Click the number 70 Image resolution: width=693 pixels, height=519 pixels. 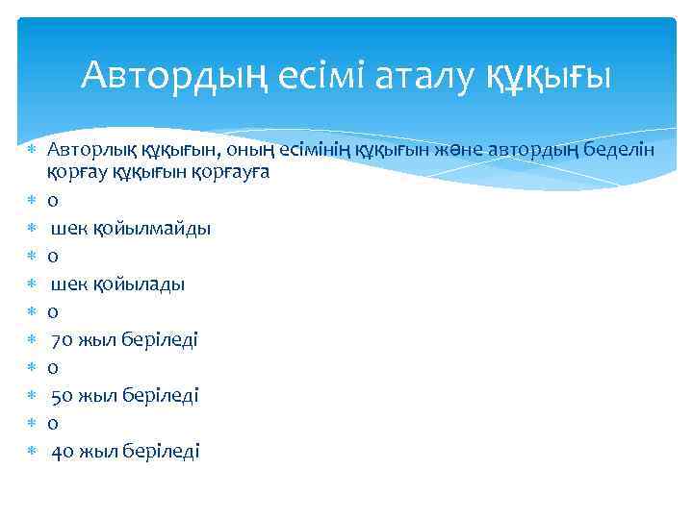point(61,340)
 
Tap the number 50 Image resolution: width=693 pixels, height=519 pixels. point(61,395)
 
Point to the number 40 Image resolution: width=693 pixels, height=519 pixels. point(61,451)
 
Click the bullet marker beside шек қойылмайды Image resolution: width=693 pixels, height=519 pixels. point(32,229)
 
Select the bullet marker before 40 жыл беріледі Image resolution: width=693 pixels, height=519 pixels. point(32,451)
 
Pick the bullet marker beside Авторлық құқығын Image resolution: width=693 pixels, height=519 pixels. point(32,152)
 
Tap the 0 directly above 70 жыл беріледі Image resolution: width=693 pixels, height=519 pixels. point(53,312)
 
